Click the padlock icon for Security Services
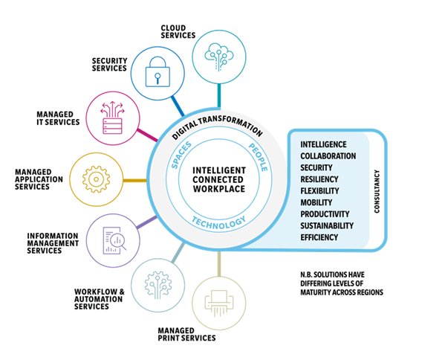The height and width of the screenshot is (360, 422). coord(158,71)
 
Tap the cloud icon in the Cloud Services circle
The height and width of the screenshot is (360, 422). coord(219,57)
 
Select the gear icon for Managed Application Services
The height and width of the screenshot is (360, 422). coord(96,179)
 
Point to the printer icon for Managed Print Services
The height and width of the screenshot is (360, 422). coord(219,303)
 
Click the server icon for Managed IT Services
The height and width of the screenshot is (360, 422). coord(112,118)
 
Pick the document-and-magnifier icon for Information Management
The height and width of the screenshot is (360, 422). coord(114,240)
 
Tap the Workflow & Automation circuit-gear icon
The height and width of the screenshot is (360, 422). coord(158,285)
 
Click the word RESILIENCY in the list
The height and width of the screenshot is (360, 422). coord(319,179)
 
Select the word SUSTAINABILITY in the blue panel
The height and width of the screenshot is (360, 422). coord(327,225)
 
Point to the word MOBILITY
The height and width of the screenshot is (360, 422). coord(316,202)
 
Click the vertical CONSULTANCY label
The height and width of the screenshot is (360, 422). coord(377,191)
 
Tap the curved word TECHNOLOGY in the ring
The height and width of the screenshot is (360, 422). coord(219,223)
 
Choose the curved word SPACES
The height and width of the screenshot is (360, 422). coord(181,155)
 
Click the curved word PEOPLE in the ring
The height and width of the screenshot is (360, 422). coord(259,157)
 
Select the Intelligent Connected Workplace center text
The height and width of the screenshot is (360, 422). coord(219,179)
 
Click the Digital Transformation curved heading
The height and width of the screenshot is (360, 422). coord(217,126)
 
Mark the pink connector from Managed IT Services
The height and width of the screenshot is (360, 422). coord(148,135)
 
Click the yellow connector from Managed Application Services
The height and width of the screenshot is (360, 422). coord(134,180)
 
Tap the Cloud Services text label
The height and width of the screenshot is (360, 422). coord(178,32)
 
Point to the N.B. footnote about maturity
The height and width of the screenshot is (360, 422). coord(342,283)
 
